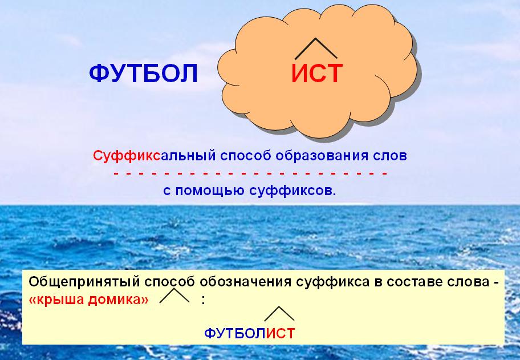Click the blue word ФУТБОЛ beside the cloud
tap(143, 73)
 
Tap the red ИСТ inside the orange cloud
tap(316, 73)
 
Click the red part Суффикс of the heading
tap(127, 155)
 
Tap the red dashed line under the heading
tap(250, 173)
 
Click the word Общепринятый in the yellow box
tap(84, 282)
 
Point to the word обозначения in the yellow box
tap(245, 282)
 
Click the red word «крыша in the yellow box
tap(56, 300)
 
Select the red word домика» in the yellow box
tap(119, 300)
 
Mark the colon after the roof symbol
tap(204, 300)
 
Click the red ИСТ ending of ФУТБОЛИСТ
tap(280, 333)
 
